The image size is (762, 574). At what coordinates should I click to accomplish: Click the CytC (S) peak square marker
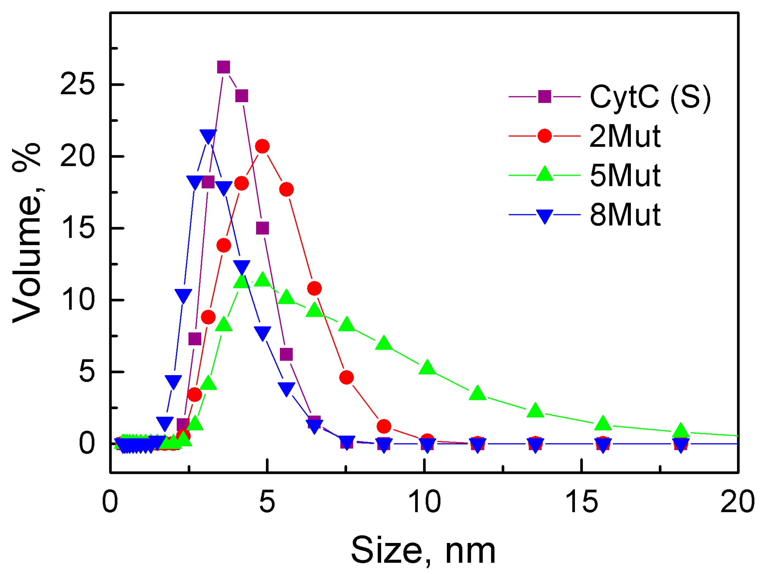click(x=224, y=67)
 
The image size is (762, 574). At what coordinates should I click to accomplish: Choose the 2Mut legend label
click(x=625, y=136)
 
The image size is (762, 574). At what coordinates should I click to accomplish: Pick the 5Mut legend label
click(x=625, y=175)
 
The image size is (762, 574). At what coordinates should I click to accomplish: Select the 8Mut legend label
click(x=625, y=215)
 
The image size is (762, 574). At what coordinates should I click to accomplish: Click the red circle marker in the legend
click(x=544, y=136)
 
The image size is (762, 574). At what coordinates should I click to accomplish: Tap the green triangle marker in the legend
click(x=544, y=174)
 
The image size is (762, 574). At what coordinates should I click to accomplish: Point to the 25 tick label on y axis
click(x=77, y=85)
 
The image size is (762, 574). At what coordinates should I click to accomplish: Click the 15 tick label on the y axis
click(x=77, y=229)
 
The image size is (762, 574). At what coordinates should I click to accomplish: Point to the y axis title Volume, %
click(x=27, y=233)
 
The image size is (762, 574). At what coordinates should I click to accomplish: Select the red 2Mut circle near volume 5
click(x=347, y=378)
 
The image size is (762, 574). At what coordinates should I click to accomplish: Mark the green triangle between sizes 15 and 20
click(x=603, y=423)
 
